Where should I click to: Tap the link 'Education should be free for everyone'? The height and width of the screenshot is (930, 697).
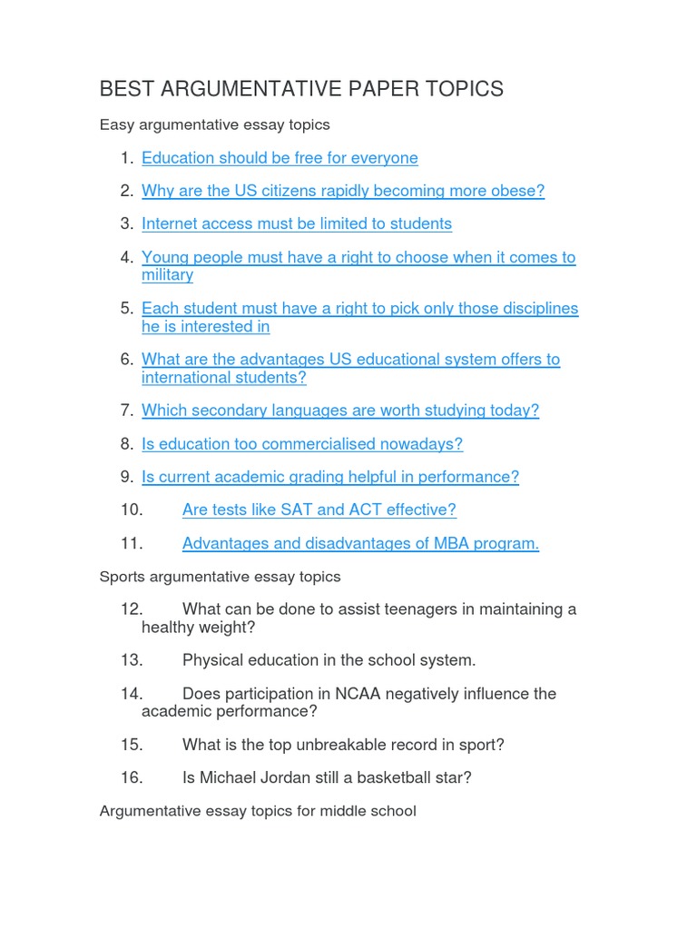tap(280, 158)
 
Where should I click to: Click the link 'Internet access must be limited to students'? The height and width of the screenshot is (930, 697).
tap(296, 223)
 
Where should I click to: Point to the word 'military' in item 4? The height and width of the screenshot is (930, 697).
tap(167, 274)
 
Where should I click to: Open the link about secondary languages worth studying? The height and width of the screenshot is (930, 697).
tap(339, 411)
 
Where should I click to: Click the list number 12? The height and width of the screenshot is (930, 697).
tap(131, 609)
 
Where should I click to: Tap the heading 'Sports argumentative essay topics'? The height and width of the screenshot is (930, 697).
tap(220, 577)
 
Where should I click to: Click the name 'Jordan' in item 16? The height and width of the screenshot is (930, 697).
tap(326, 777)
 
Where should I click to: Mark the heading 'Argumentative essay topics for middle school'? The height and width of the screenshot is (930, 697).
tap(258, 810)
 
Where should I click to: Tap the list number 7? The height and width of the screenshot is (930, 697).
tap(126, 411)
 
